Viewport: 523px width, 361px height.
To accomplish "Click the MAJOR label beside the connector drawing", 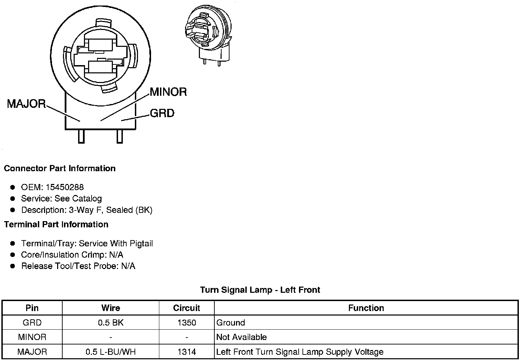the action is pos(26,104).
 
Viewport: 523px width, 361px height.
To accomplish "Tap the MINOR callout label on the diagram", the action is pos(168,92).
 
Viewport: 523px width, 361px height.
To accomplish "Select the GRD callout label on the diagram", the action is pos(162,113).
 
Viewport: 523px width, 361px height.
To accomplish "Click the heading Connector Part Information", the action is pos(60,168).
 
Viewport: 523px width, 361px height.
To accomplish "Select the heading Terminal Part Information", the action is pos(56,225).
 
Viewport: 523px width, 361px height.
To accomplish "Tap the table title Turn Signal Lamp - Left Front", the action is pos(260,290).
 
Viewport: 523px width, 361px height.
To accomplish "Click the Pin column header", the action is pos(32,308).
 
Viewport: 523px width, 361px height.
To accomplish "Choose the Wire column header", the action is pos(110,308).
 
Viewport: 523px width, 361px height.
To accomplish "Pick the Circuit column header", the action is pos(186,308).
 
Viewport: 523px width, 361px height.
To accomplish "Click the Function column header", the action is pos(366,308).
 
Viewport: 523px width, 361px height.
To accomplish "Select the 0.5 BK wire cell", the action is pos(110,323).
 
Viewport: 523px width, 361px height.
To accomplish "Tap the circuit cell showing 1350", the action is pos(186,323).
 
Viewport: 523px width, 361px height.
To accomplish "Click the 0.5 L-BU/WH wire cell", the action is pos(110,352).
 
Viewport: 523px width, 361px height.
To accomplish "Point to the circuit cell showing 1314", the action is pos(186,352).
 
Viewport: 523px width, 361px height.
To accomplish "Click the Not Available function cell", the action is pos(242,337).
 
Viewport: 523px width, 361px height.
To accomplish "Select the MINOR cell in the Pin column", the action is pos(32,337).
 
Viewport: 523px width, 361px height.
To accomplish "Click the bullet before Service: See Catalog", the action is pos(13,198).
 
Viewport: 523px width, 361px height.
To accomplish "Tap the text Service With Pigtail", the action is pos(116,244).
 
